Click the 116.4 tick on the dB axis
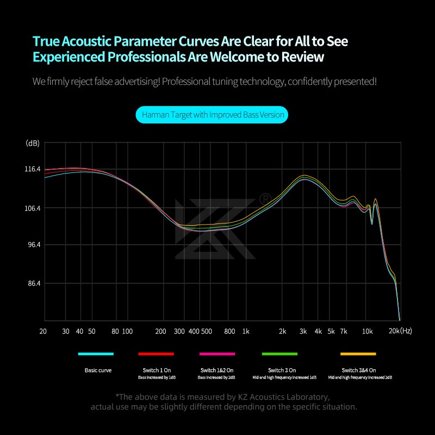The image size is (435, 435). pyautogui.click(x=33, y=169)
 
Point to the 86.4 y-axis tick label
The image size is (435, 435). pyautogui.click(x=33, y=284)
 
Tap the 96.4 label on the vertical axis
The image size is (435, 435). pyautogui.click(x=33, y=245)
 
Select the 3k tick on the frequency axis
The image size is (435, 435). pyautogui.click(x=303, y=331)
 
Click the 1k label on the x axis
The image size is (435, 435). pyautogui.click(x=245, y=331)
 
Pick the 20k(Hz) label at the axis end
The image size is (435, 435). pyautogui.click(x=401, y=331)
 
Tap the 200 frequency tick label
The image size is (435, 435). pyautogui.click(x=161, y=331)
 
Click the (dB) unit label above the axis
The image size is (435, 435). pyautogui.click(x=33, y=144)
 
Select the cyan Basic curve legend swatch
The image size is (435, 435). pyautogui.click(x=96, y=354)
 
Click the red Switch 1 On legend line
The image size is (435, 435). pyautogui.click(x=156, y=354)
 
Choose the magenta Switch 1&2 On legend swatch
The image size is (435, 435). pyautogui.click(x=217, y=354)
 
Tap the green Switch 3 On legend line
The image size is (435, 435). pyautogui.click(x=279, y=354)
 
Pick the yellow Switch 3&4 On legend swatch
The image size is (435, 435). pyautogui.click(x=358, y=354)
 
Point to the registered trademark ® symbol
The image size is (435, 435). pyautogui.click(x=265, y=198)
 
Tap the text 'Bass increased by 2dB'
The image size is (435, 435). pyautogui.click(x=217, y=377)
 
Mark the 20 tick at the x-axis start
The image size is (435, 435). pyautogui.click(x=43, y=331)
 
